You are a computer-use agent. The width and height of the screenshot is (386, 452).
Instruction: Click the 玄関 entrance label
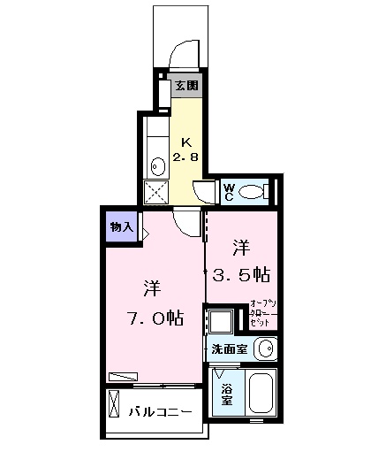pos(186,86)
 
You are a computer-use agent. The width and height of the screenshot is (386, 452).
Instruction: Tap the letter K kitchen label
pos(186,142)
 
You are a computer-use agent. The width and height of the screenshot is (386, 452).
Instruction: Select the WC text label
pos(227,191)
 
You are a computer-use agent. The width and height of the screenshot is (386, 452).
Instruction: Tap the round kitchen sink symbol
pos(156,165)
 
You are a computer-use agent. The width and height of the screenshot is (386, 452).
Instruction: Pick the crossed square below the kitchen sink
pos(156,193)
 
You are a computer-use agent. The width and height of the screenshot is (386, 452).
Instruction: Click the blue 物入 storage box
pos(121,227)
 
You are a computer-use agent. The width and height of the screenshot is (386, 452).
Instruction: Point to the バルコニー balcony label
pos(160,411)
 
